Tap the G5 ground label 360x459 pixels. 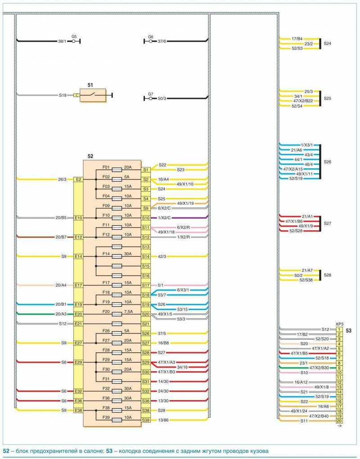click(74, 36)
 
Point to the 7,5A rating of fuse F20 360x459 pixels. click(128, 311)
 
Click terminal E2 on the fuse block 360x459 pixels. click(78, 179)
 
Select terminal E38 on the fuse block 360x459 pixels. click(78, 410)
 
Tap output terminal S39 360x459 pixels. click(146, 420)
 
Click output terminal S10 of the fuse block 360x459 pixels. click(146, 218)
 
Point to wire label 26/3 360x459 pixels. click(62, 179)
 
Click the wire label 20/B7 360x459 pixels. click(61, 237)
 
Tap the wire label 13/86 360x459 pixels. click(163, 420)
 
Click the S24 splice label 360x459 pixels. click(328, 44)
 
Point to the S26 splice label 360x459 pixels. click(328, 162)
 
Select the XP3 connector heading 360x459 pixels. click(339, 324)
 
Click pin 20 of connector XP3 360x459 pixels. click(339, 421)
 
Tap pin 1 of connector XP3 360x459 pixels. click(339, 330)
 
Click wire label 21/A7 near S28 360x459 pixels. click(307, 270)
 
